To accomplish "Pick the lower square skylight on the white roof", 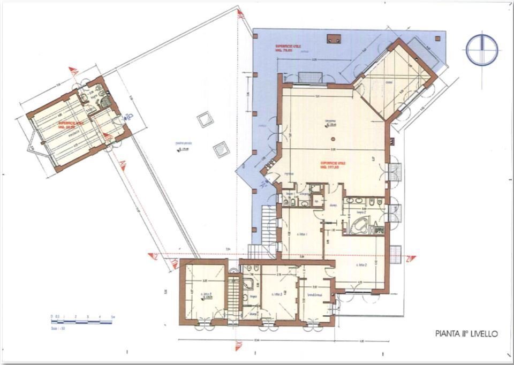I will click(x=220, y=148).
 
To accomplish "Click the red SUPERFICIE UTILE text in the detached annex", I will click(x=72, y=123).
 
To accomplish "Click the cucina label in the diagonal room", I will click(x=389, y=82).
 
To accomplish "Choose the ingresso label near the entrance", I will click(x=289, y=173).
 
